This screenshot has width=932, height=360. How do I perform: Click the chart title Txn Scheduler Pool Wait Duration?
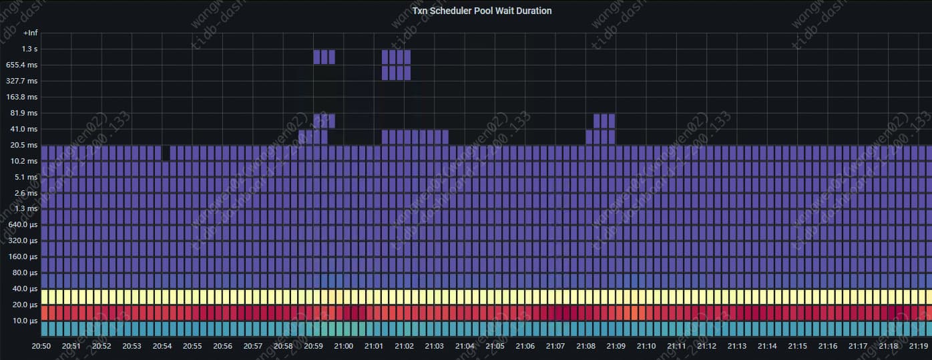[x=481, y=11]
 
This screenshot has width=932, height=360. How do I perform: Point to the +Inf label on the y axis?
[x=31, y=33]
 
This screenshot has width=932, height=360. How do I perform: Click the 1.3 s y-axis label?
[x=30, y=49]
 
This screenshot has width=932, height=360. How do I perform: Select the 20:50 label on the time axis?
[x=41, y=346]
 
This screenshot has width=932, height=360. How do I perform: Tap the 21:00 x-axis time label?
[x=343, y=346]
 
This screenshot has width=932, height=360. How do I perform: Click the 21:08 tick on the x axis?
[x=586, y=346]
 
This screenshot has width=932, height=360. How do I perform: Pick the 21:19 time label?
[x=919, y=346]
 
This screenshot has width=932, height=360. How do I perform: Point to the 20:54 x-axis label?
[x=162, y=346]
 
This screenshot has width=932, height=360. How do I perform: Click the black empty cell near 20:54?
[x=166, y=153]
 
